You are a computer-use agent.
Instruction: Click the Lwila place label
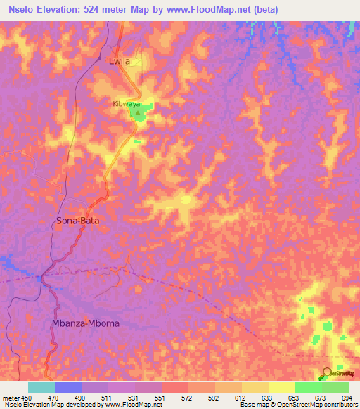(120, 61)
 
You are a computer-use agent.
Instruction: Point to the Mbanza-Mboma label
(86, 323)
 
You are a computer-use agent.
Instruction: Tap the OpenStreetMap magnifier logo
(326, 373)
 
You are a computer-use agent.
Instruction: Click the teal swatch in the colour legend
(41, 387)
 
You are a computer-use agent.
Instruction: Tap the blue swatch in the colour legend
(67, 387)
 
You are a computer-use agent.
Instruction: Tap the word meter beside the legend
(11, 398)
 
